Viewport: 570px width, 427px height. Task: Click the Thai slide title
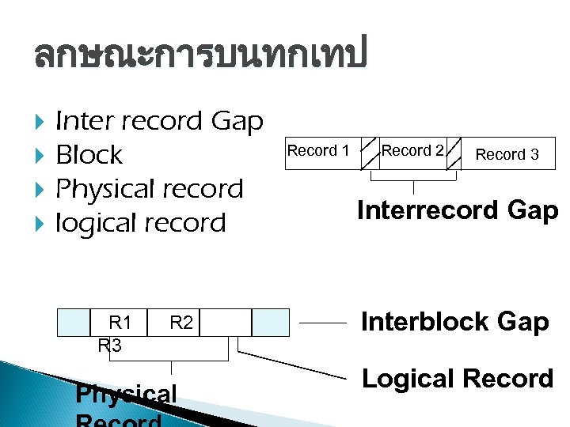point(201,55)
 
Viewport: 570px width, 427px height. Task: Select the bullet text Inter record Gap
point(159,121)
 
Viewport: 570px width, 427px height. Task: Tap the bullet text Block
point(89,155)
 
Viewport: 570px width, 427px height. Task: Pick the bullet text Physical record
point(150,189)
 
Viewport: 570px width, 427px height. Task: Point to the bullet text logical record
point(141,223)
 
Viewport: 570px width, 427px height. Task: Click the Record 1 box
point(318,151)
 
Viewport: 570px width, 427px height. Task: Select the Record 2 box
point(412,151)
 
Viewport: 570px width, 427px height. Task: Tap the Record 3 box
point(507,154)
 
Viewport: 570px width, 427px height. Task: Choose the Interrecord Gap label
point(458,210)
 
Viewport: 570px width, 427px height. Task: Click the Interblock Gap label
point(455,322)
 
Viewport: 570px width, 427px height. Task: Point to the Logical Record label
point(458,379)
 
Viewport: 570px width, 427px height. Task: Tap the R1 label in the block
point(120,323)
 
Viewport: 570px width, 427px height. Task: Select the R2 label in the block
point(181,323)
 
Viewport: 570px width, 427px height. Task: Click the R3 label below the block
point(110,346)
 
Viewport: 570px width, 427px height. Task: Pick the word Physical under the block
point(126,393)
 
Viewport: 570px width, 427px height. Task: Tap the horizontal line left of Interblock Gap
point(323,323)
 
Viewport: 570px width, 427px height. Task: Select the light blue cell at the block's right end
point(271,323)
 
